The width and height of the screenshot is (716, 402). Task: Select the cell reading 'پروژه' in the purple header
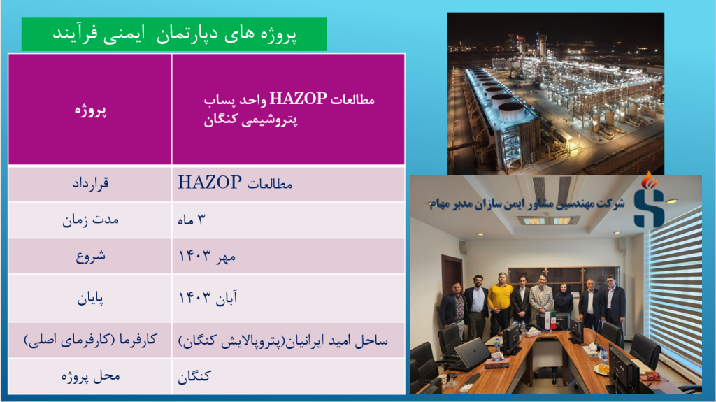(90, 110)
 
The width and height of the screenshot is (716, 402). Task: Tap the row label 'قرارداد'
(90, 184)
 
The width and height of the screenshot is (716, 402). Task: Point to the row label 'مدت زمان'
(90, 220)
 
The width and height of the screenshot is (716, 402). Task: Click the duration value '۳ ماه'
(192, 220)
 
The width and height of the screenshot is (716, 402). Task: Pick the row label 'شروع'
(90, 256)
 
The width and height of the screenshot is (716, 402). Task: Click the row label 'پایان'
(90, 299)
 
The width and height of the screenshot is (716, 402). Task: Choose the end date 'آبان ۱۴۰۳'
(208, 298)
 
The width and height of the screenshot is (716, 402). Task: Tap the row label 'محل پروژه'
(90, 376)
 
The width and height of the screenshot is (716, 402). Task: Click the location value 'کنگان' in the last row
(194, 376)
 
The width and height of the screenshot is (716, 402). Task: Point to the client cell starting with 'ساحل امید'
(282, 340)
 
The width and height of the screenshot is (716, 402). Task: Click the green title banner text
(174, 34)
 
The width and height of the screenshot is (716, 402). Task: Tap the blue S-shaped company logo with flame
(648, 201)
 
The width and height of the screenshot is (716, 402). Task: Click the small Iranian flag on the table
(552, 320)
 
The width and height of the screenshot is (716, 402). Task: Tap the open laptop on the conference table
(471, 354)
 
